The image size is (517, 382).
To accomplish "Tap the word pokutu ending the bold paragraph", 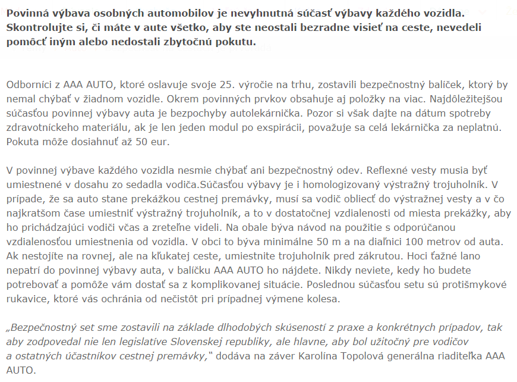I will tap(234, 42).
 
